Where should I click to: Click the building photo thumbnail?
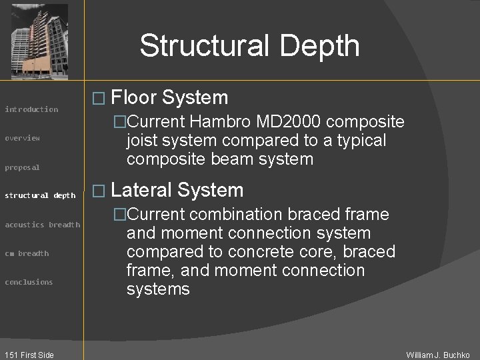click(39, 41)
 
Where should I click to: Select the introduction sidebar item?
click(31, 109)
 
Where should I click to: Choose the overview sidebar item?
click(23, 138)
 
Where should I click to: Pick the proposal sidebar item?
click(23, 167)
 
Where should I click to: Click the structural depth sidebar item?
click(40, 195)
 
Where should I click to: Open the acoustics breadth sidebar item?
click(42, 225)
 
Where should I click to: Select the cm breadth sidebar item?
click(27, 253)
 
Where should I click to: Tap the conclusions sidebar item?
click(29, 282)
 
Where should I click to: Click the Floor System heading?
click(169, 98)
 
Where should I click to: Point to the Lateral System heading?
click(177, 190)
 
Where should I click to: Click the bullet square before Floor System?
click(98, 99)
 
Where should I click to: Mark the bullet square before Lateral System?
click(98, 191)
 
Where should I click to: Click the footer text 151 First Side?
click(28, 355)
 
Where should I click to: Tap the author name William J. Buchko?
click(438, 355)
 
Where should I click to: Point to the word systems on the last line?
click(158, 289)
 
